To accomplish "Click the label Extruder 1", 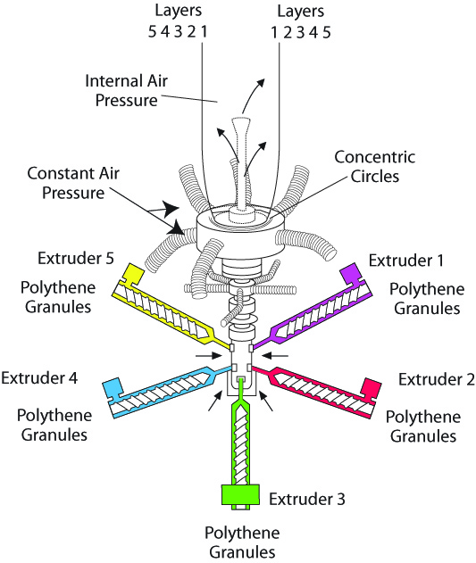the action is [405, 261].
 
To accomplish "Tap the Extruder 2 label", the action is [437, 379].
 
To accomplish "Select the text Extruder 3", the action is [307, 499].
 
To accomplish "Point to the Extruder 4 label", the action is [39, 377].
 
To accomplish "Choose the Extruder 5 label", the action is [76, 258].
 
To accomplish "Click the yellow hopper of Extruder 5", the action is [133, 274].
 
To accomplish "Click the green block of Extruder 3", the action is [240, 495].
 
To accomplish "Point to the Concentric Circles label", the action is [375, 167].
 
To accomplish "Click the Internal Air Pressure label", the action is [126, 90].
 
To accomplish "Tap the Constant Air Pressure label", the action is [73, 183].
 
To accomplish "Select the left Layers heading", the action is [179, 11].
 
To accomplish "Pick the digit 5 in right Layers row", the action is [327, 33].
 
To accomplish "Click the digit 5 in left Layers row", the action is [153, 32].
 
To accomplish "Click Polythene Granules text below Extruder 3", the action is [242, 542].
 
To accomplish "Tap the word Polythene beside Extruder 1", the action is [427, 289].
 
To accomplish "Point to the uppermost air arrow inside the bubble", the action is [253, 95].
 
